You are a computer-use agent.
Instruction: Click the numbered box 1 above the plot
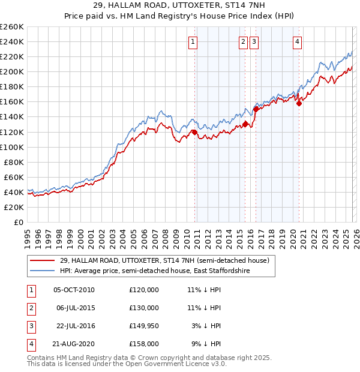tap(193, 41)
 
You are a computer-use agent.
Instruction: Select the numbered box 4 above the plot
tap(298, 41)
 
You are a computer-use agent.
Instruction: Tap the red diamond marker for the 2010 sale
tap(194, 132)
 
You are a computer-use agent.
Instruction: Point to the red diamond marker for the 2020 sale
tap(299, 103)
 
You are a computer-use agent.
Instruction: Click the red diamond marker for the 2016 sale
tap(256, 109)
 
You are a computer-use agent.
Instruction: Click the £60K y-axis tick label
tap(14, 177)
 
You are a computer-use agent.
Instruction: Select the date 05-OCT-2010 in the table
tap(74, 290)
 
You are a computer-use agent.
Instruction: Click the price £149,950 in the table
tap(144, 326)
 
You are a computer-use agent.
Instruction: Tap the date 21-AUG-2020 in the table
tap(74, 344)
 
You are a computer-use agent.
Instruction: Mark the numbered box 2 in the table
tap(29, 308)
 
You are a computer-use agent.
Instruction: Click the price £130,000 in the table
tap(144, 308)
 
